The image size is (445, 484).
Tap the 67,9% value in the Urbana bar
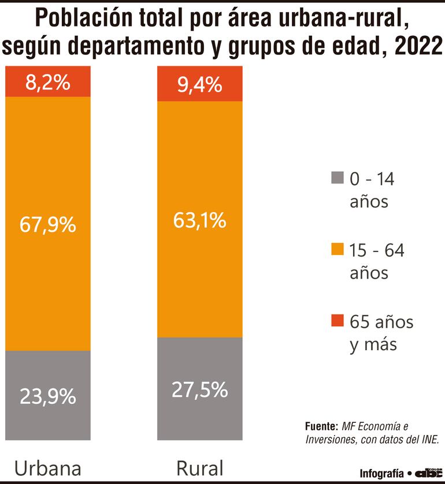click(x=48, y=224)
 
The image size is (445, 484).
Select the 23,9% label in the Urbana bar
click(x=48, y=396)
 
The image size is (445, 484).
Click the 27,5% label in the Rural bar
click(x=200, y=389)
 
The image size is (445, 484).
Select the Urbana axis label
click(x=48, y=467)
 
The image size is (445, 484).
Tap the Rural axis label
click(x=200, y=467)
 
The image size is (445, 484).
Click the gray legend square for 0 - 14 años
click(x=338, y=178)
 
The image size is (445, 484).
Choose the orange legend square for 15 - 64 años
click(x=338, y=250)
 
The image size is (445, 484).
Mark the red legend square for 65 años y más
click(x=338, y=321)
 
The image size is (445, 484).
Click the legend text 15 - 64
click(x=377, y=250)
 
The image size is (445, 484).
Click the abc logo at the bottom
click(x=428, y=472)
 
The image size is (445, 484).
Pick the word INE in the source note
click(x=428, y=440)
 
